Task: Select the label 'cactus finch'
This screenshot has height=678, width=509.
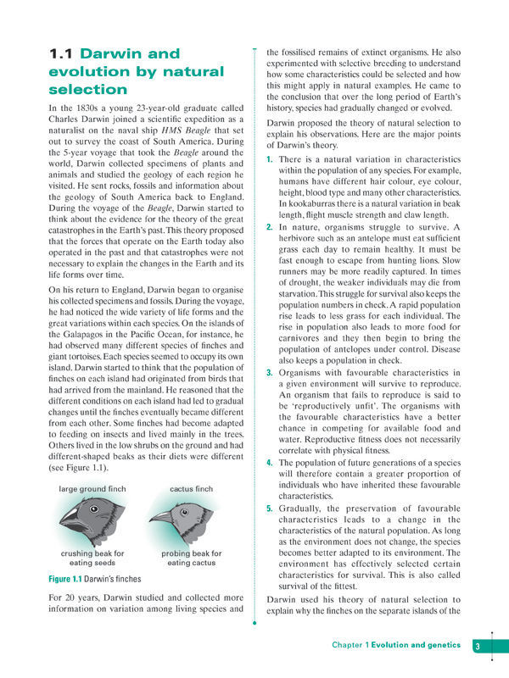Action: pos(191,490)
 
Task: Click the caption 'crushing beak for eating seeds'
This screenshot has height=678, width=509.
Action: pos(93,558)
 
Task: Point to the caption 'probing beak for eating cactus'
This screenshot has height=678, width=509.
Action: pos(191,558)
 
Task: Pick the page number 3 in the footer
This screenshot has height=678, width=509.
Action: pos(478,646)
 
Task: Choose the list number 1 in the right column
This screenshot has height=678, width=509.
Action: pos(269,159)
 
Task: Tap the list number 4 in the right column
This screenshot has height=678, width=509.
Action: pos(269,463)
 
